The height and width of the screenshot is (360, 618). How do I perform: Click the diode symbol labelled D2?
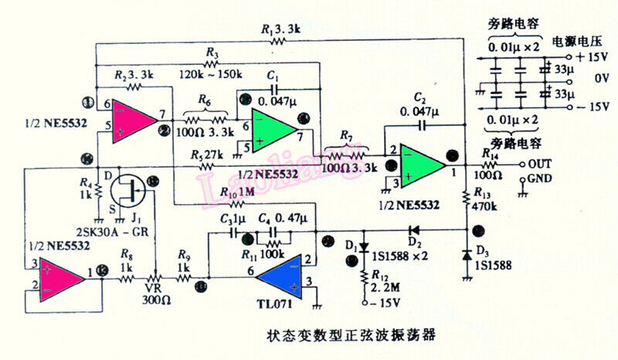point(414,229)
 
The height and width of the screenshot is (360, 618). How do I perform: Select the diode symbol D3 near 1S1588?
point(467,255)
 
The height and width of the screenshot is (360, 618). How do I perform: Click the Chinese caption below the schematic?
point(351,335)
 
